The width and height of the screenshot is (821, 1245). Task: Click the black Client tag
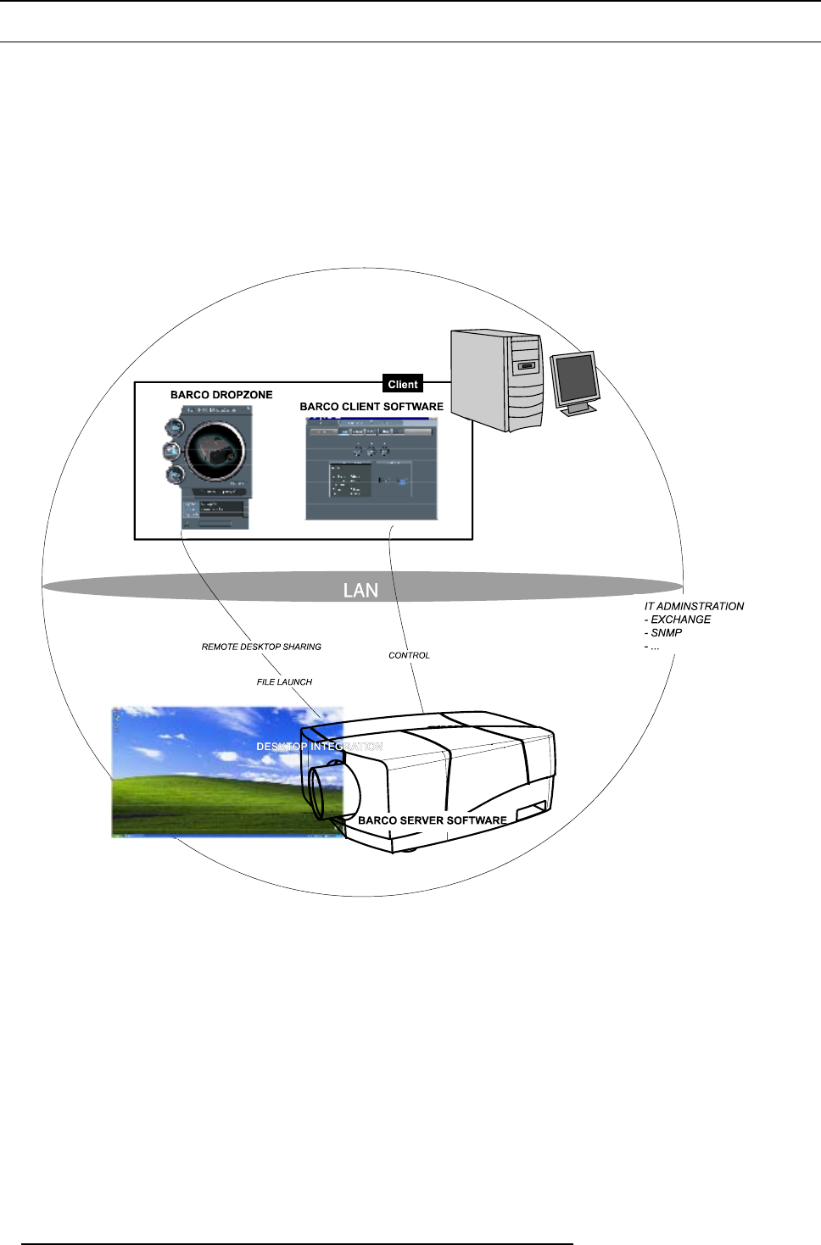(x=403, y=384)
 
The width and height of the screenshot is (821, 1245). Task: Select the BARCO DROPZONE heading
(x=221, y=395)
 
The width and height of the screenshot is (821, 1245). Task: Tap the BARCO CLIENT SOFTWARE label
(x=371, y=407)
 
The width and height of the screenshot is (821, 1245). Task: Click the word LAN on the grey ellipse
(x=360, y=590)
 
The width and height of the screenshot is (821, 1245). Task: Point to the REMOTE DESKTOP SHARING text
(x=261, y=647)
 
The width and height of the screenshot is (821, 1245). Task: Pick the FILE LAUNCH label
(x=284, y=681)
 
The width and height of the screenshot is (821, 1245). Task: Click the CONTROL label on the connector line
(x=409, y=655)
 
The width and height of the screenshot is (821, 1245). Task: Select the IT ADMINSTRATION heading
(x=694, y=606)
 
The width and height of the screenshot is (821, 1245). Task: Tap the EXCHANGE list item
(x=680, y=620)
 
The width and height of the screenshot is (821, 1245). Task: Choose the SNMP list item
(x=666, y=633)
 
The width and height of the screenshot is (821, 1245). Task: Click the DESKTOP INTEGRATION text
(x=320, y=747)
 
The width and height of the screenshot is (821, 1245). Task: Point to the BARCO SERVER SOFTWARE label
(x=433, y=820)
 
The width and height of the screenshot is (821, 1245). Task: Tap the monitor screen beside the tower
(x=576, y=378)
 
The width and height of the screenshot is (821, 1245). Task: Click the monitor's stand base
(x=581, y=409)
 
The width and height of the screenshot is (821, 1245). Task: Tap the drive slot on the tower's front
(x=527, y=366)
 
